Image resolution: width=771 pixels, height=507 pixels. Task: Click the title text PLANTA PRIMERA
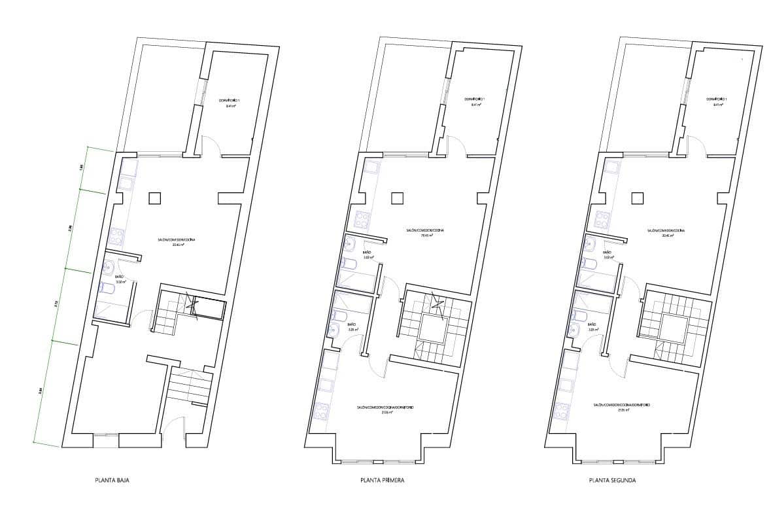(x=382, y=480)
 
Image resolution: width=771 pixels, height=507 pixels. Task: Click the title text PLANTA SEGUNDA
(x=612, y=480)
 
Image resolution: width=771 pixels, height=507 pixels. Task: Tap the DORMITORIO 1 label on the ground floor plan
(x=230, y=102)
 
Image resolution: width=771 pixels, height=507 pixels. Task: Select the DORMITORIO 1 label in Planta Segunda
(x=717, y=102)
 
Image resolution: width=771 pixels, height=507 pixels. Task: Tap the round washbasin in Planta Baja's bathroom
(x=109, y=267)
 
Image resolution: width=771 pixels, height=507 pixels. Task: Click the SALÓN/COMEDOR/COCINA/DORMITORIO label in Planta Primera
(x=385, y=408)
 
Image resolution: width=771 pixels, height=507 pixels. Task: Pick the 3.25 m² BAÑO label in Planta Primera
(x=351, y=326)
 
